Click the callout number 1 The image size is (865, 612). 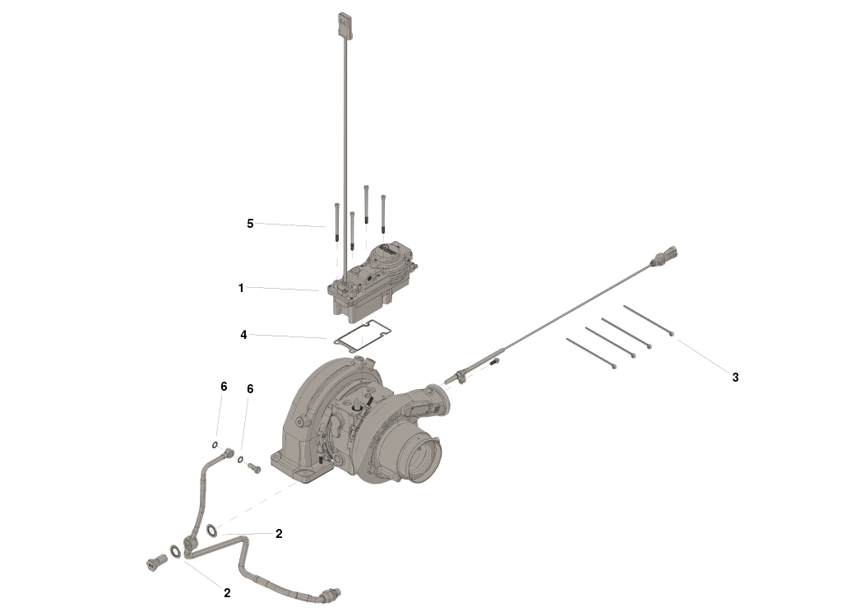[x=241, y=288]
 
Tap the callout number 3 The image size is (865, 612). [x=735, y=378]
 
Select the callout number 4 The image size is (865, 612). [x=243, y=335]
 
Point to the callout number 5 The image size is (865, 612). [x=250, y=223]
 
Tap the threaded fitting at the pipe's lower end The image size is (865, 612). [x=332, y=593]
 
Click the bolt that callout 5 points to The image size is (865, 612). [x=336, y=223]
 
